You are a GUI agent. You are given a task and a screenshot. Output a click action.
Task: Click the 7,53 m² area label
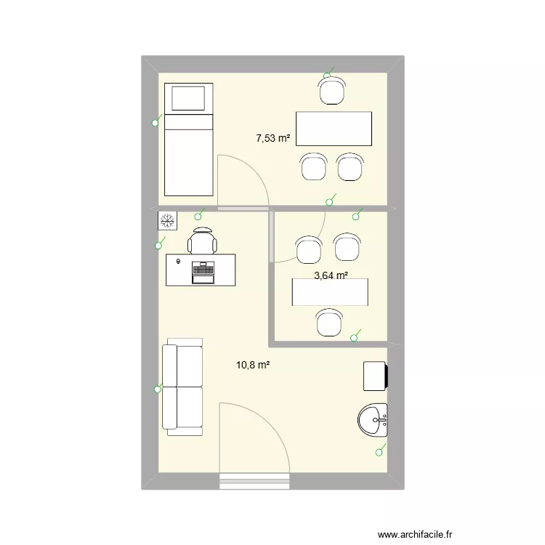(273, 137)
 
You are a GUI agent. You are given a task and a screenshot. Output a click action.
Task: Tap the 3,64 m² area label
(331, 275)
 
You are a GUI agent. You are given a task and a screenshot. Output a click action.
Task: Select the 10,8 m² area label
(253, 366)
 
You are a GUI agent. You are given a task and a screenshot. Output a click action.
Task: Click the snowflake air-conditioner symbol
(166, 220)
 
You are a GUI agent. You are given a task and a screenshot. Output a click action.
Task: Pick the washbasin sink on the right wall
(373, 420)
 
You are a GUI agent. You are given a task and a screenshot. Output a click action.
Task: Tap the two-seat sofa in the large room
(182, 387)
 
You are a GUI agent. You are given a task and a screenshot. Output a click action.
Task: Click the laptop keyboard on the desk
(202, 272)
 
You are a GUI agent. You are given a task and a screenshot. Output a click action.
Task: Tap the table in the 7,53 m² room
(334, 129)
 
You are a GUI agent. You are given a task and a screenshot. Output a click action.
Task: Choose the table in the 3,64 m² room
(330, 292)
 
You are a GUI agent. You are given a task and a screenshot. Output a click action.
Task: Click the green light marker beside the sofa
(157, 389)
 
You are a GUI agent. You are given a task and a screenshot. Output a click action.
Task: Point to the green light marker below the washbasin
(378, 453)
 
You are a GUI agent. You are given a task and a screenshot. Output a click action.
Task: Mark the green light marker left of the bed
(155, 124)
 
